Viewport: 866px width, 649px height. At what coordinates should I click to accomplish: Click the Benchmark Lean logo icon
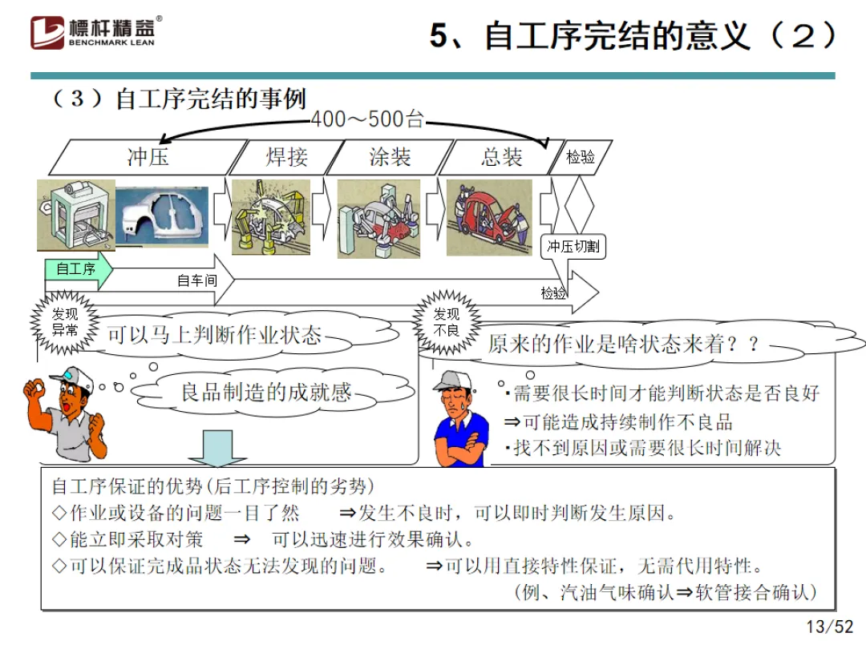[47, 31]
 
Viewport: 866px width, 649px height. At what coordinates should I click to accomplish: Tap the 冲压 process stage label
[148, 156]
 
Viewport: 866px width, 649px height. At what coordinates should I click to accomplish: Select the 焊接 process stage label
[286, 156]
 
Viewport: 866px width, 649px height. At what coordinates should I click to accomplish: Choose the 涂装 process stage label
[390, 156]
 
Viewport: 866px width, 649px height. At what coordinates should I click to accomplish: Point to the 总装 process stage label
[502, 156]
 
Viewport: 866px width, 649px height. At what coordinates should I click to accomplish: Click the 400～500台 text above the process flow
[366, 120]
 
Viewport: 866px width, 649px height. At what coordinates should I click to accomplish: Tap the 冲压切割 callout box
[573, 247]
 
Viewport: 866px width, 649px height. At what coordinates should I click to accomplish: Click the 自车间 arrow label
[197, 280]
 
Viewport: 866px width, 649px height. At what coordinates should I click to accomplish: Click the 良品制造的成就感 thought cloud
[265, 392]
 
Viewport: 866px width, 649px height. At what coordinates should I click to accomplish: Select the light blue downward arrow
[212, 448]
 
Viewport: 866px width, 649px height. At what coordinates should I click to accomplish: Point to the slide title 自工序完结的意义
[633, 36]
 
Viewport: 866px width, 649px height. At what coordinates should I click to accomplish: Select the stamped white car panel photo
[163, 216]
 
